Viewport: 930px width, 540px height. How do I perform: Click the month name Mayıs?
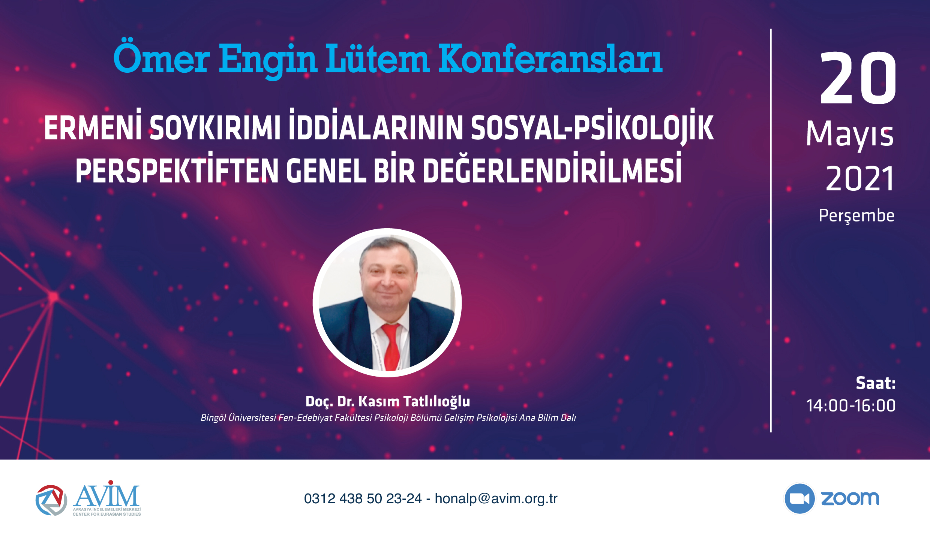pyautogui.click(x=850, y=134)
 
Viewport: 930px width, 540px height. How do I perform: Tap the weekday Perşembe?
pyautogui.click(x=856, y=216)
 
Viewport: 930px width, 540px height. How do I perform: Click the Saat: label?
pyautogui.click(x=876, y=383)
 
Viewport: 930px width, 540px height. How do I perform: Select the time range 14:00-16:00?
pyautogui.click(x=851, y=405)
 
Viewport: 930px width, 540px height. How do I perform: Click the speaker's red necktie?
pyautogui.click(x=391, y=347)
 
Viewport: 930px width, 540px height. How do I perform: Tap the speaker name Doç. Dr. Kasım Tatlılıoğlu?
pyautogui.click(x=388, y=401)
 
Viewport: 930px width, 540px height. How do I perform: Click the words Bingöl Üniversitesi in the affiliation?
pyautogui.click(x=238, y=418)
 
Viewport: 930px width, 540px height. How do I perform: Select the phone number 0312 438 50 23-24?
pyautogui.click(x=363, y=499)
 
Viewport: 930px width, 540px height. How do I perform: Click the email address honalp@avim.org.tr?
pyautogui.click(x=496, y=499)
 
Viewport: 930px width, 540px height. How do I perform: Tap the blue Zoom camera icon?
pyautogui.click(x=799, y=499)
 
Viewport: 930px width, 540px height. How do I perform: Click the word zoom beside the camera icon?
pyautogui.click(x=850, y=499)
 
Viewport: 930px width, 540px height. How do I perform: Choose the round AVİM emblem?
pyautogui.click(x=51, y=500)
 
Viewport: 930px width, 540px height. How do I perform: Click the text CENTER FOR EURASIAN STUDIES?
pyautogui.click(x=107, y=514)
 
